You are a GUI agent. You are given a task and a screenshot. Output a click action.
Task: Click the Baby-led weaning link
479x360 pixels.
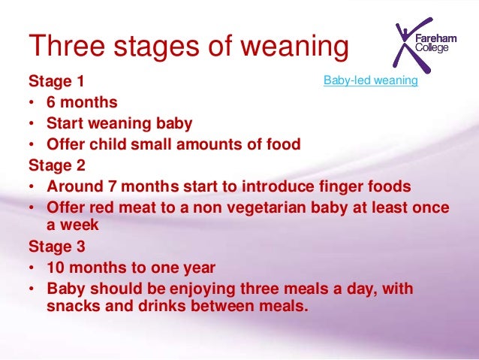370,80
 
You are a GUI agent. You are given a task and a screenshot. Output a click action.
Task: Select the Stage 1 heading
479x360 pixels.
57,81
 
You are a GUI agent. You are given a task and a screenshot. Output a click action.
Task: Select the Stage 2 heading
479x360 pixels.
57,164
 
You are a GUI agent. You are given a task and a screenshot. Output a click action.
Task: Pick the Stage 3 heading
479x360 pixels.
57,246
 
